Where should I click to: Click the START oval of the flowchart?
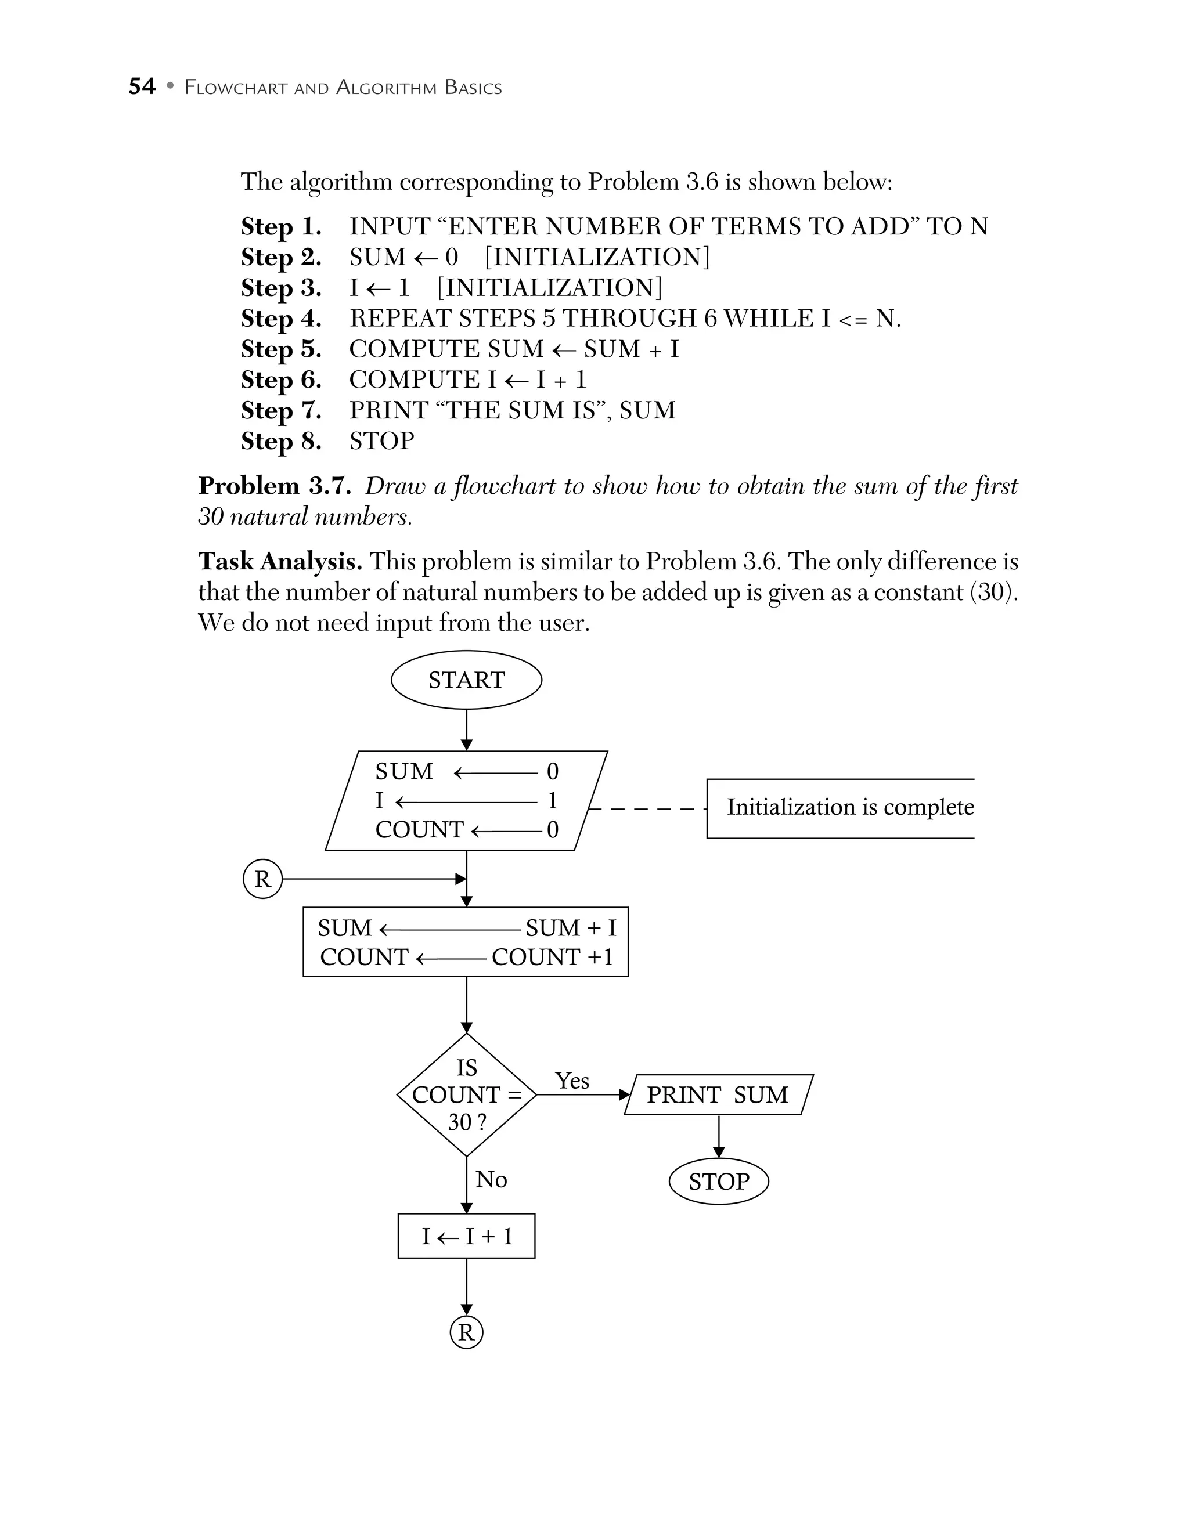[466, 680]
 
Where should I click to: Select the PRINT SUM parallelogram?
[718, 1094]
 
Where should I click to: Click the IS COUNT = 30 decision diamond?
[466, 1094]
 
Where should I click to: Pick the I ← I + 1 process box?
[466, 1236]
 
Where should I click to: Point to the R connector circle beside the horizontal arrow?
[262, 879]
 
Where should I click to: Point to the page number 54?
[142, 86]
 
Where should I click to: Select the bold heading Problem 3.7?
[275, 486]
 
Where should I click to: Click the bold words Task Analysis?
[280, 561]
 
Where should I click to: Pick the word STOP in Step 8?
[381, 441]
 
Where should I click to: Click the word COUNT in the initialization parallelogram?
[419, 830]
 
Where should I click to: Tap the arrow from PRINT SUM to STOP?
[719, 1136]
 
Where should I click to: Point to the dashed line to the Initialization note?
[647, 809]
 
